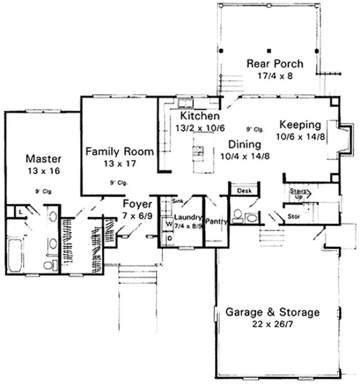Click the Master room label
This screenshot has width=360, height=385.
coord(41,158)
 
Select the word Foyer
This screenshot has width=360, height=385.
coord(137,204)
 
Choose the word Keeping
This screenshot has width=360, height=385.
coord(299,124)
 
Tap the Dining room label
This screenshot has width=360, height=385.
coord(243,143)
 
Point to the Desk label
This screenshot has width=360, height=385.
coord(242,190)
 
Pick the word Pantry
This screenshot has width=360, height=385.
coord(216,220)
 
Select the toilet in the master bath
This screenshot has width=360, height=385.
coord(49,266)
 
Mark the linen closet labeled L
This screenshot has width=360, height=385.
coord(20,213)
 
